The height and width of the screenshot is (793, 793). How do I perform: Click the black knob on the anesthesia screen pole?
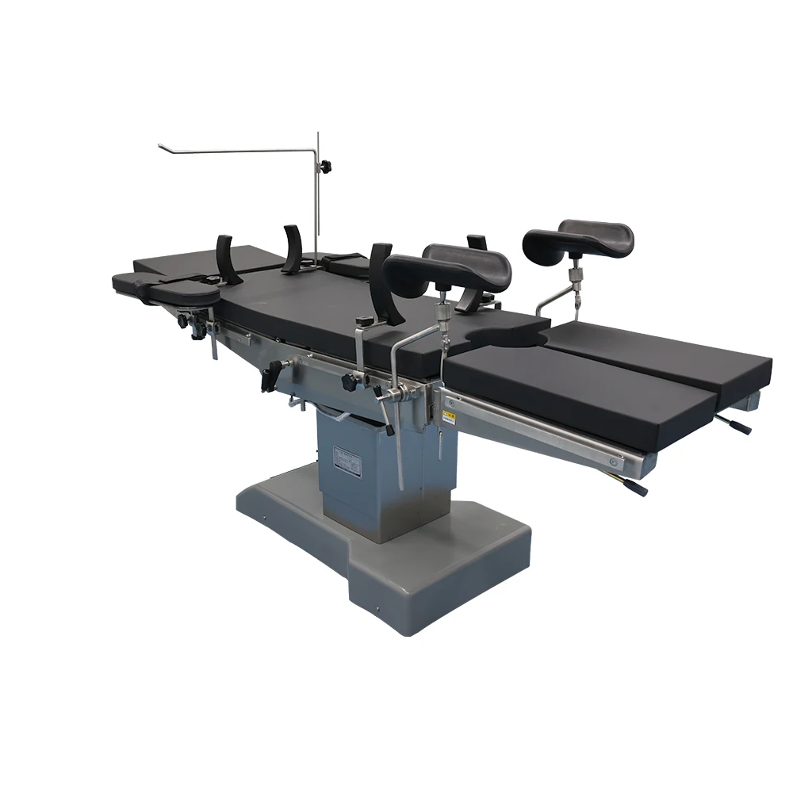point(325,166)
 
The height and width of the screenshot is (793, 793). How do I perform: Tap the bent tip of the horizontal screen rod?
point(162,145)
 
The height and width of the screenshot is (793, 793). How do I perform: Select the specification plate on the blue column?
point(347,462)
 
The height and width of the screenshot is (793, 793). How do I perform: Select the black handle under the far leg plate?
point(737,426)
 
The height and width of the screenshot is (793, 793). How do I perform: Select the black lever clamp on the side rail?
point(272,375)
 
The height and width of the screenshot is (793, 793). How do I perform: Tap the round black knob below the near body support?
point(349,381)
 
